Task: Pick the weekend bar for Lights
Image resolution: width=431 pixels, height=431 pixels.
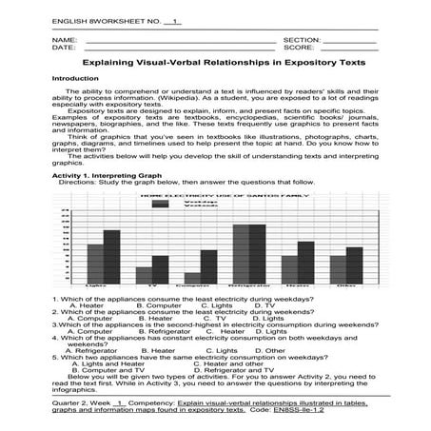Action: [111, 257]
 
